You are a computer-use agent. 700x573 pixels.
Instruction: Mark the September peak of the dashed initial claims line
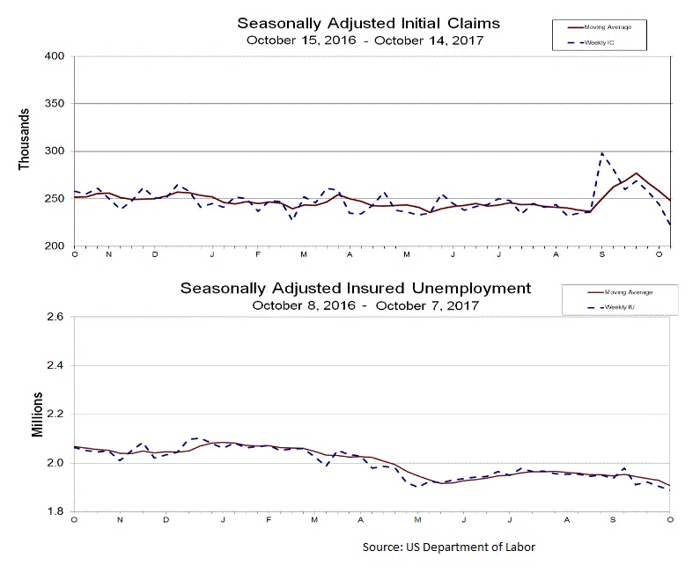click(602, 153)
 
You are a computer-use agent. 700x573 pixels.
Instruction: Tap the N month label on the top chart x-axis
click(109, 253)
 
